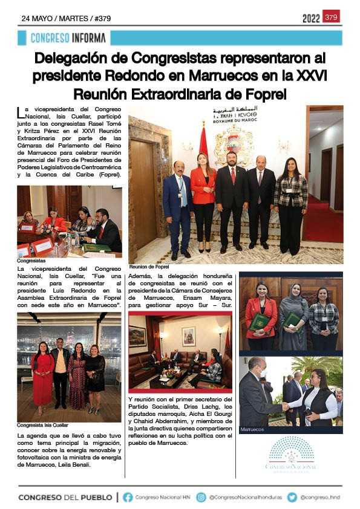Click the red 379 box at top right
point(331,17)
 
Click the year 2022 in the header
point(311,18)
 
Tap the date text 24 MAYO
point(39,18)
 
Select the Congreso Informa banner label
point(68,38)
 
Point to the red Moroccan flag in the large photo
point(203,145)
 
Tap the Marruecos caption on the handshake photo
point(253,430)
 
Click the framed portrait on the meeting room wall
point(189,337)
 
